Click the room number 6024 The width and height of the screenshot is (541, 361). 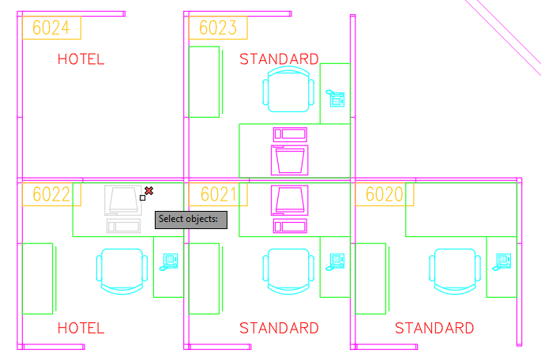pos(51,28)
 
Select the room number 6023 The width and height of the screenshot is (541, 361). pos(218,28)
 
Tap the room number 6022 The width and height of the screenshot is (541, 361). pos(51,194)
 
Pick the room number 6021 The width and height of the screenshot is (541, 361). pos(219,194)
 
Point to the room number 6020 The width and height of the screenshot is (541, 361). pos(385,194)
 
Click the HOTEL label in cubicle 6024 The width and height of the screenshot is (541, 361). pos(81,59)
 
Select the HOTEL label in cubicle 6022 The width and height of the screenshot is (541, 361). pos(81,328)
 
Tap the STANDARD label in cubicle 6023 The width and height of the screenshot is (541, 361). pos(279,59)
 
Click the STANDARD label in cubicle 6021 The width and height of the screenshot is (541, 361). pos(279,328)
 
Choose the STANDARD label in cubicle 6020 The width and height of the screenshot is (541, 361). pos(434,328)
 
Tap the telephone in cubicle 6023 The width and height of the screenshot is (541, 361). pos(335,99)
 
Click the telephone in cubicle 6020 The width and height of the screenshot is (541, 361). pos(502,262)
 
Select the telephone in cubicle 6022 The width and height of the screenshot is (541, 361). pos(169,262)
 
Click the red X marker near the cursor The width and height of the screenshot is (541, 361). pos(148,190)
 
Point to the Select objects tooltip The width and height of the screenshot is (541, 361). pos(191,220)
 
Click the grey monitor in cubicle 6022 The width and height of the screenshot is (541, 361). pos(123,201)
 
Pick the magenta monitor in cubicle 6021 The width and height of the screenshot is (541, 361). pos(290,201)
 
